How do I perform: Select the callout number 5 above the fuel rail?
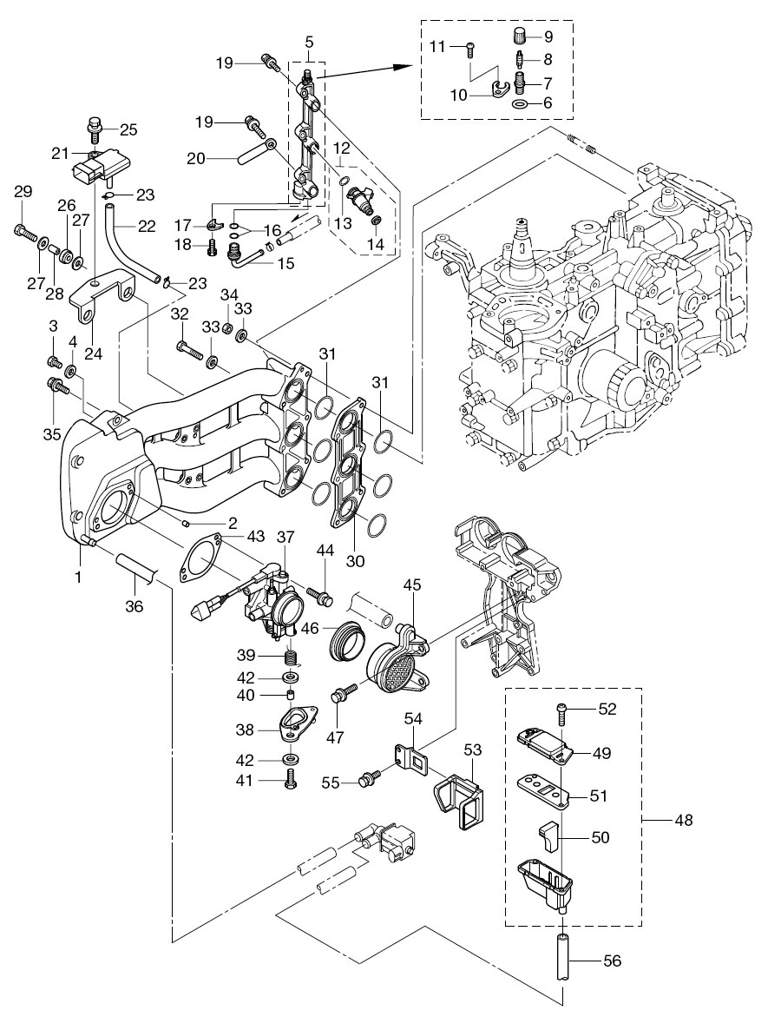(310, 42)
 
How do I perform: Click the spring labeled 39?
(291, 655)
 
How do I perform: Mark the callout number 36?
(134, 608)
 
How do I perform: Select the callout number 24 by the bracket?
(93, 354)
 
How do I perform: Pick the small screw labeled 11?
(469, 48)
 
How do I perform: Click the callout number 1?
(77, 577)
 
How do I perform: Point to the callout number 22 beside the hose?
(146, 225)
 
